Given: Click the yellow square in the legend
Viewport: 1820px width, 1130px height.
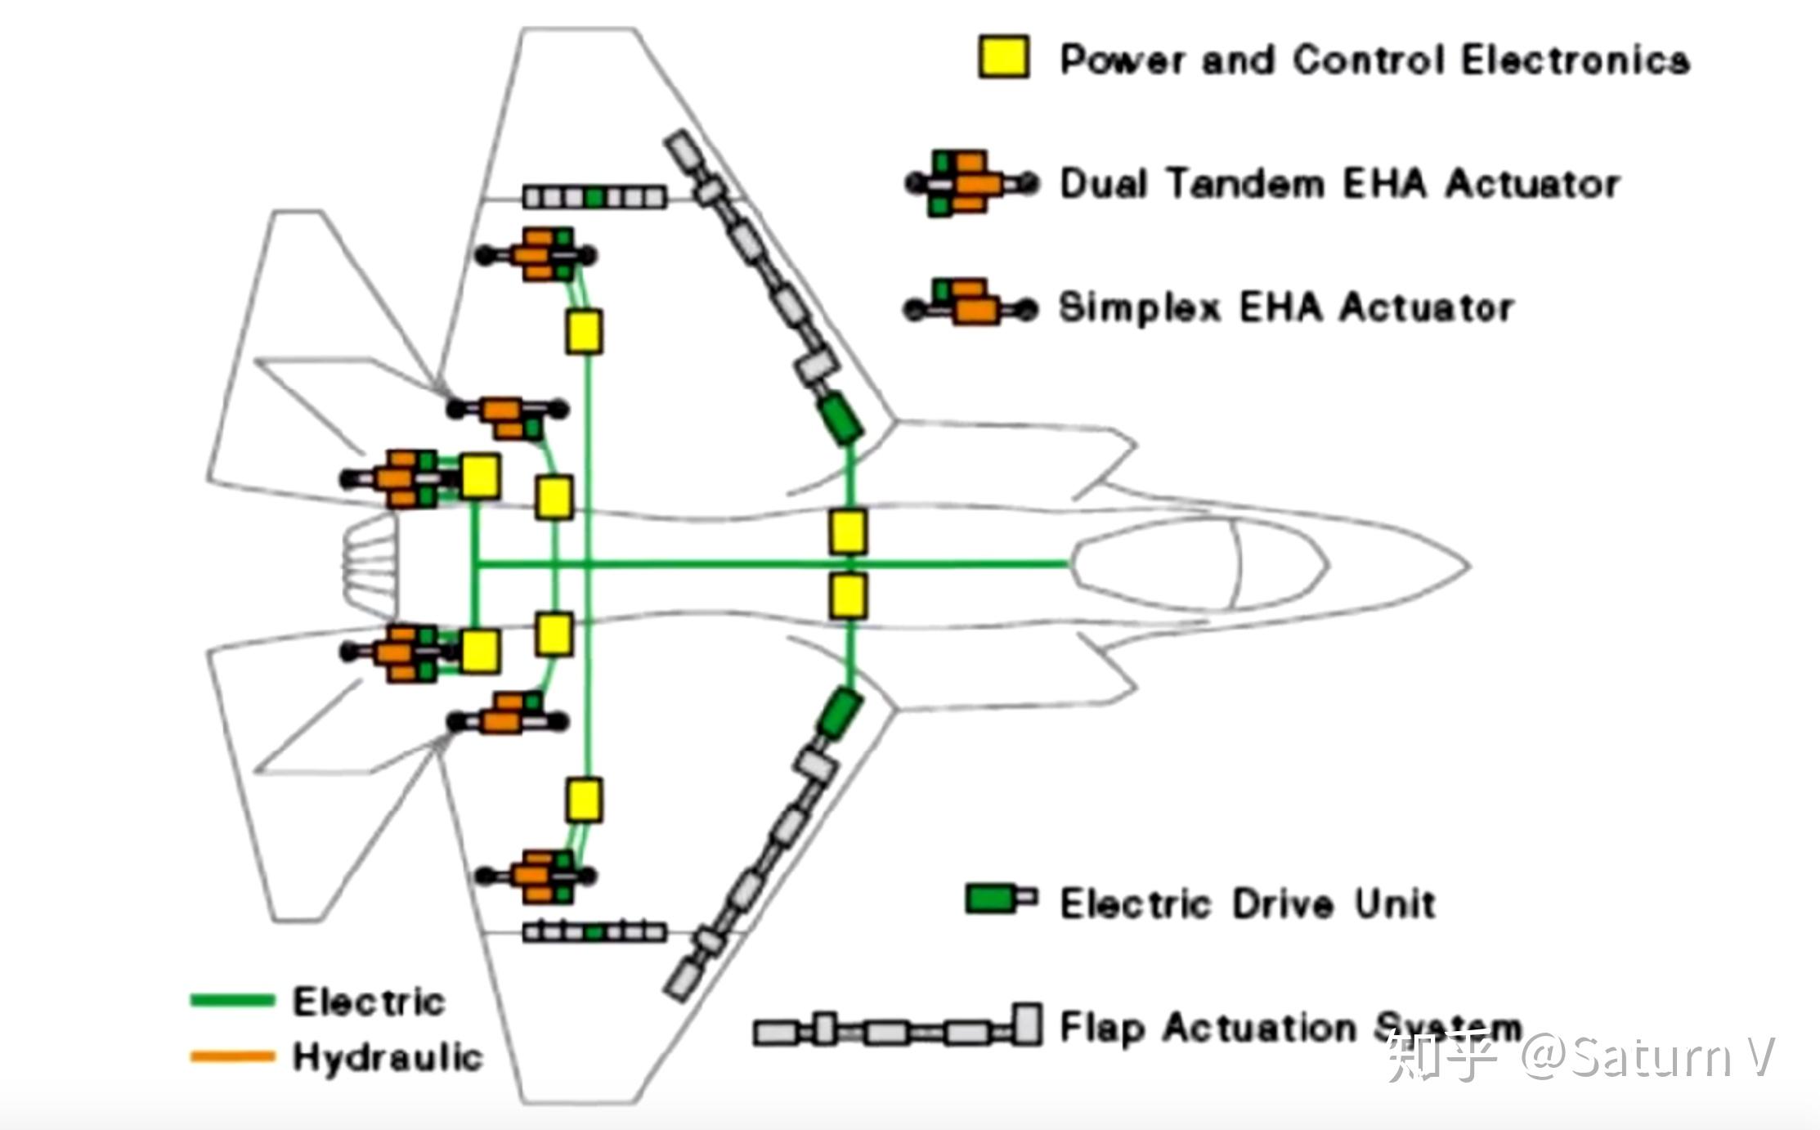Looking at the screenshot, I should [1004, 57].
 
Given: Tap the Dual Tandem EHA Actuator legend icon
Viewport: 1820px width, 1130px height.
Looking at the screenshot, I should [971, 183].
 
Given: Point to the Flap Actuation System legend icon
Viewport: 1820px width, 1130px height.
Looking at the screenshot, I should [898, 1029].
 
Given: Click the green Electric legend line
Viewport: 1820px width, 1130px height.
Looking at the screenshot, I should [232, 1000].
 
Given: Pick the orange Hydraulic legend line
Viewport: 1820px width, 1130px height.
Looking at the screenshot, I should [232, 1056].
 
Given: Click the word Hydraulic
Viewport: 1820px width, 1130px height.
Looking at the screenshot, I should [388, 1057].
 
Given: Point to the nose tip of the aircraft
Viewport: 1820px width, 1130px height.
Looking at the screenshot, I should [1465, 565].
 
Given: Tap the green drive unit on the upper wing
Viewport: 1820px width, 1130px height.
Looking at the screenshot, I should [841, 418].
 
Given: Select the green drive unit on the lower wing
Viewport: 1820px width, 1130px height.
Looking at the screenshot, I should [839, 712].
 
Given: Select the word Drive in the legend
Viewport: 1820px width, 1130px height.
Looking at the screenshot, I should [1280, 904].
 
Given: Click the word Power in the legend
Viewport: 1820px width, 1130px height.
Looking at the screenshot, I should [1122, 60].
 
